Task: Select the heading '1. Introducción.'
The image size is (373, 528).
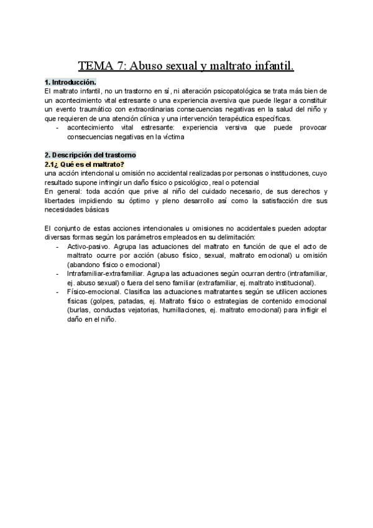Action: point(70,82)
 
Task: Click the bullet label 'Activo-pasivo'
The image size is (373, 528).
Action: point(90,247)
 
